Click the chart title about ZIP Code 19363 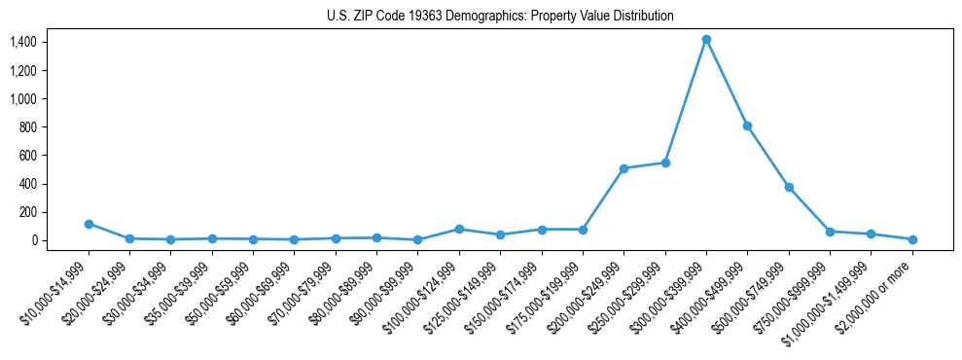[x=500, y=17]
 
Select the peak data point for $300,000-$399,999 [x=706, y=40]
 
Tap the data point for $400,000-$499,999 [x=747, y=126]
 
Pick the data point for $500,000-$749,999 [x=789, y=187]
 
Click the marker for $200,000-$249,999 [x=624, y=168]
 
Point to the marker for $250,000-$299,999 [x=665, y=162]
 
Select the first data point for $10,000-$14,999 [x=89, y=224]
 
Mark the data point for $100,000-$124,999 [x=459, y=230]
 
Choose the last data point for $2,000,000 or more [x=912, y=239]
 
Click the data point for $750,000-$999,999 [x=830, y=232]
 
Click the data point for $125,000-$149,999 [x=500, y=234]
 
